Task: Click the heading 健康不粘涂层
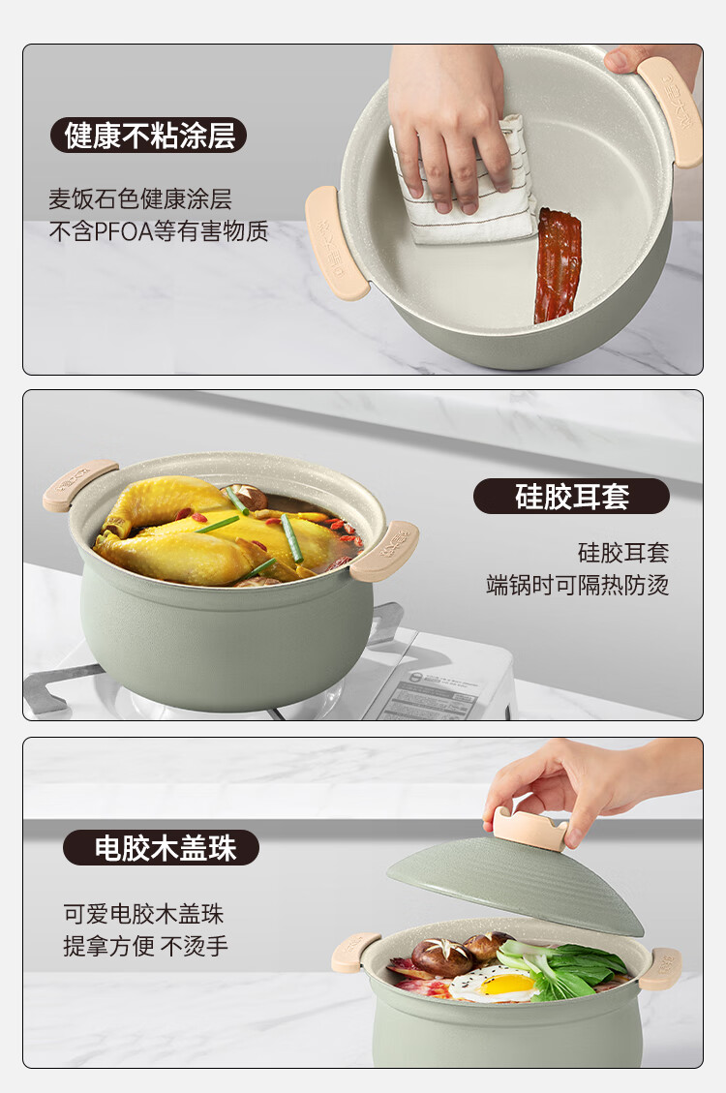[x=149, y=136]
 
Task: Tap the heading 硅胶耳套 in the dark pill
[x=572, y=497]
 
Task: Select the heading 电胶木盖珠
[x=166, y=848]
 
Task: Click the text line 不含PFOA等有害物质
[x=158, y=230]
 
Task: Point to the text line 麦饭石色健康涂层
[x=140, y=199]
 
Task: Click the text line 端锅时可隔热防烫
[x=578, y=584]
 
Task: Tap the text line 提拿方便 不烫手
[x=145, y=946]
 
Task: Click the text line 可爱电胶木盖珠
[x=143, y=914]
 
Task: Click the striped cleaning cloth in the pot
[x=463, y=188]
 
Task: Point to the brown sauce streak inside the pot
[x=557, y=265]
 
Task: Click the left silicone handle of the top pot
[x=334, y=242]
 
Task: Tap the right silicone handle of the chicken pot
[x=384, y=551]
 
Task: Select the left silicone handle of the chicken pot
[x=80, y=485]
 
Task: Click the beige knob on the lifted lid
[x=530, y=828]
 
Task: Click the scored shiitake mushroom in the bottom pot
[x=441, y=956]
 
